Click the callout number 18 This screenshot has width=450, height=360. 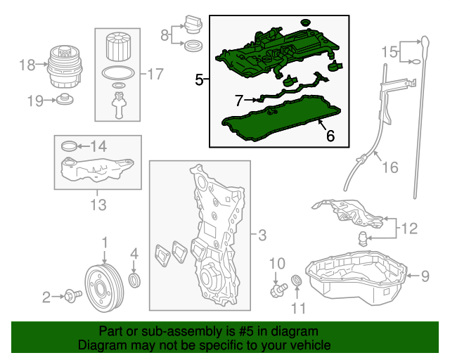(27, 65)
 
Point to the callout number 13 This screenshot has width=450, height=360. (98, 205)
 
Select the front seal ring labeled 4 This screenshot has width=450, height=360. (136, 282)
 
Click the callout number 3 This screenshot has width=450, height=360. (262, 236)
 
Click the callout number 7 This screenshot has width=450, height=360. (239, 100)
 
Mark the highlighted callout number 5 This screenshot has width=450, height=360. (199, 81)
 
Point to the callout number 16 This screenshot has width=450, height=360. (390, 167)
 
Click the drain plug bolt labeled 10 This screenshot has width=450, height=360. (277, 288)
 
